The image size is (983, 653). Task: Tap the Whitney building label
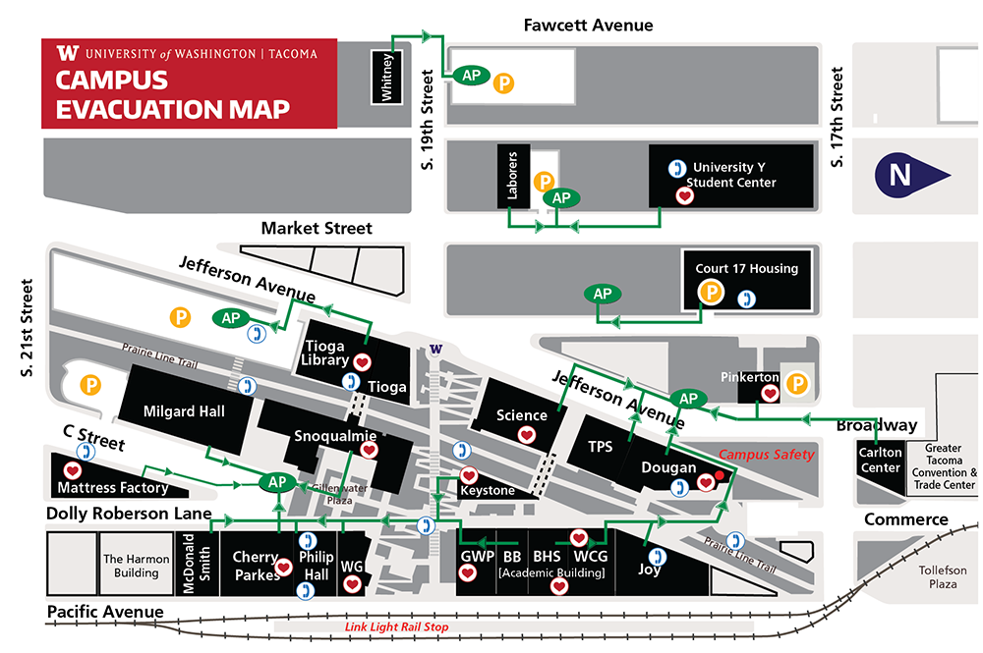click(386, 77)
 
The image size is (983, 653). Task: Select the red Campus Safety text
click(767, 455)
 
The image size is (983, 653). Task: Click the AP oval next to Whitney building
click(472, 75)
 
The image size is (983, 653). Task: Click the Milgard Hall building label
click(184, 411)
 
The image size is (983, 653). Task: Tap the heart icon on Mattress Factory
click(72, 471)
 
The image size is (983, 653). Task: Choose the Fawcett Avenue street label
click(588, 25)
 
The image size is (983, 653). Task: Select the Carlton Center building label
click(880, 461)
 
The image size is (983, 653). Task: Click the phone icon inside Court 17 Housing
click(748, 298)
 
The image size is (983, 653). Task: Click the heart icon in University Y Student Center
click(686, 196)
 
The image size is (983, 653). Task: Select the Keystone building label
click(488, 490)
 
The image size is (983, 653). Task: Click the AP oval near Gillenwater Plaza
click(277, 482)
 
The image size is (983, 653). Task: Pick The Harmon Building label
click(137, 566)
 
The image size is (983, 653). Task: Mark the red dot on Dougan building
click(720, 476)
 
